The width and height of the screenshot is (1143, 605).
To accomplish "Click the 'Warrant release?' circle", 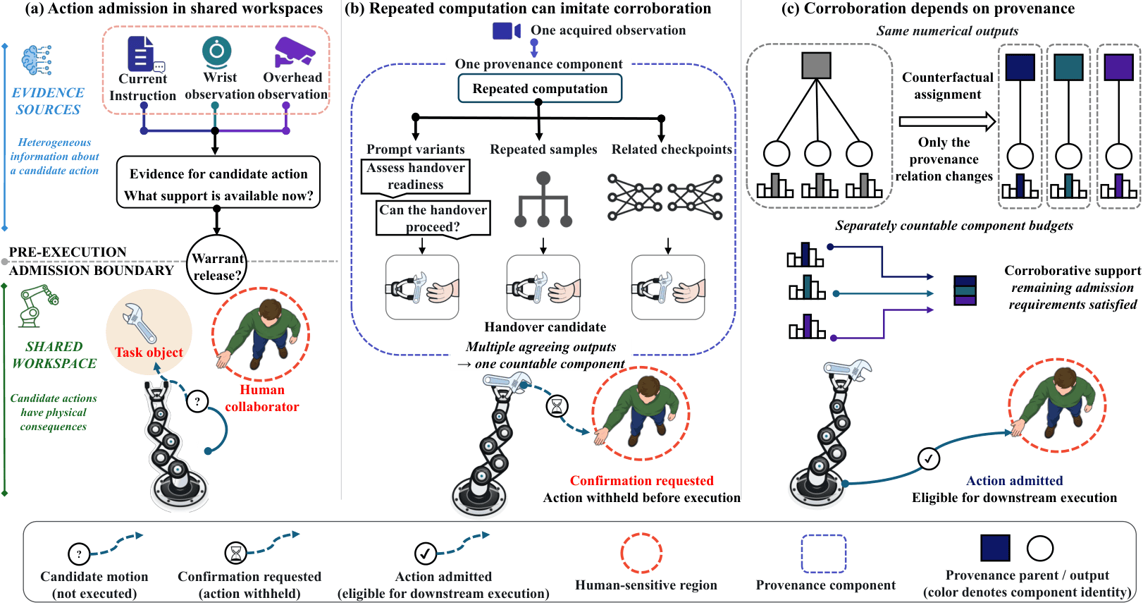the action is pos(217,264).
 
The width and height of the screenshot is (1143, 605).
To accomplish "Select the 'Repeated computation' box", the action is pos(540,88).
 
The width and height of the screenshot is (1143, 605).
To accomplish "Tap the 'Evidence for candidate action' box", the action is pos(218,182).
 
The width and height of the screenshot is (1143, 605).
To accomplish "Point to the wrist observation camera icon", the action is pos(217,51).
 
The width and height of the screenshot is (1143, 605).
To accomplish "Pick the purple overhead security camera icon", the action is pos(295,52).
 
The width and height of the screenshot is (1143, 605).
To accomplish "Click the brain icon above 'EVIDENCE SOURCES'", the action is pos(36,60).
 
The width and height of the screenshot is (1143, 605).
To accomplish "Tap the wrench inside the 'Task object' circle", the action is pos(140,322).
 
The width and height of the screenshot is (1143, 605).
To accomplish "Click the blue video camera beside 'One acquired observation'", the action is pos(506,30).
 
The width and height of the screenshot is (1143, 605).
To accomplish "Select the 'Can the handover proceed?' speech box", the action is pos(433,218).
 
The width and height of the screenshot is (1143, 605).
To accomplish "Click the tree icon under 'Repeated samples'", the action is pos(543,200).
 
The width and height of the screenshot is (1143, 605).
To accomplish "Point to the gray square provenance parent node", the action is pos(817,66).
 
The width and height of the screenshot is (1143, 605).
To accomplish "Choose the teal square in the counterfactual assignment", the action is pos(1068,67).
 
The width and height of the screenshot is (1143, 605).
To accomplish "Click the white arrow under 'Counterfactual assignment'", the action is pos(947,121).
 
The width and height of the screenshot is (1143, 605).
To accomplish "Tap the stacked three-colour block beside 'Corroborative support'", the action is pos(965,291).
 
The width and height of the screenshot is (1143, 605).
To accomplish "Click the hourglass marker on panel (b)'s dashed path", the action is pos(557,406).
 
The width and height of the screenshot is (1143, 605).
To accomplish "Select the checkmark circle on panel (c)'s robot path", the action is pos(929,458).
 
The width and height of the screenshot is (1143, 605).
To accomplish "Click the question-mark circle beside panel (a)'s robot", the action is pos(197,401).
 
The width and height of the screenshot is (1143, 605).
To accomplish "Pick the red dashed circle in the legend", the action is pos(641,553).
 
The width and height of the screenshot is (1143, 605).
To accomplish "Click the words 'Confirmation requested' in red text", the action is pos(641,480).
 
